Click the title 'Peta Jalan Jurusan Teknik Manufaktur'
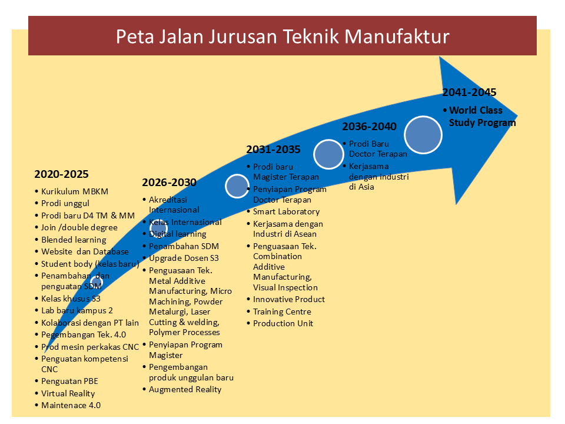[282, 37]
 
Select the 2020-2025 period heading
[61, 174]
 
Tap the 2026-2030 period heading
[169, 183]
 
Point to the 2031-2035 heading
[273, 150]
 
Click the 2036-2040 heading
[369, 127]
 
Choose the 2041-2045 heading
[469, 92]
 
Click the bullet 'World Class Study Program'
[482, 117]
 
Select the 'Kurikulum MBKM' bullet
[75, 191]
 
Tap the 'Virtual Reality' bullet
[68, 393]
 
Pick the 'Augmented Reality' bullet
[185, 389]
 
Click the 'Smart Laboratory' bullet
[286, 211]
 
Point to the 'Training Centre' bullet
[282, 312]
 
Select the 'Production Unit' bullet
[283, 323]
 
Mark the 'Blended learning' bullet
[74, 240]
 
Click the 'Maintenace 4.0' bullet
[71, 405]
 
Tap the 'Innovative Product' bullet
[289, 299]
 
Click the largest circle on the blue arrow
[423, 135]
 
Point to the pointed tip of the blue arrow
[517, 115]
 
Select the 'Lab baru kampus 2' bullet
[77, 310]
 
